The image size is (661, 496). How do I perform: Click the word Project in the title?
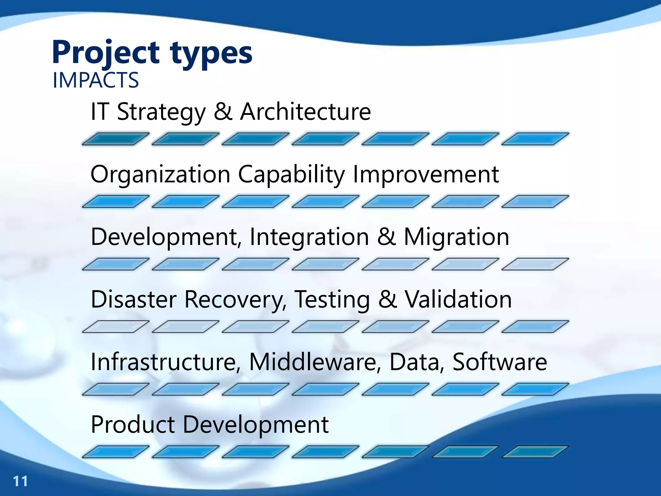[106, 52]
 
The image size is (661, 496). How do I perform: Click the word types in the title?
[211, 53]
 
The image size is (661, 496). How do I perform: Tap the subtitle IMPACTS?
[96, 80]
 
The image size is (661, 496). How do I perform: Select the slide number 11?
[20, 481]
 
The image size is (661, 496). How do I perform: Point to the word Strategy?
[161, 112]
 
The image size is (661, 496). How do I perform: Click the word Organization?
[160, 174]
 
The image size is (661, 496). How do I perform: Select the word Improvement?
[426, 174]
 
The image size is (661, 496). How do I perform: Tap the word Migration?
[456, 237]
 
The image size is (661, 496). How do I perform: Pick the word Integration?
[309, 237]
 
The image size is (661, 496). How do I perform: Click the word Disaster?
[134, 299]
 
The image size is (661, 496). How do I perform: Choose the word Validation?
[458, 299]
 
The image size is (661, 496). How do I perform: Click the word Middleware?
[313, 362]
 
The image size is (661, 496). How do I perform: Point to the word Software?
[500, 362]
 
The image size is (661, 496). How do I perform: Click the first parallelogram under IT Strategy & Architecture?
[116, 139]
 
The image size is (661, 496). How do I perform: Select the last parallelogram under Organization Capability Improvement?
[535, 201]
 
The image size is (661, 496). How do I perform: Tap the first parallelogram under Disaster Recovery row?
[116, 326]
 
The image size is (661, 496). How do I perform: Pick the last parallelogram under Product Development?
[535, 452]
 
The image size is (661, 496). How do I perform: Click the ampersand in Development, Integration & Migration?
[386, 237]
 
